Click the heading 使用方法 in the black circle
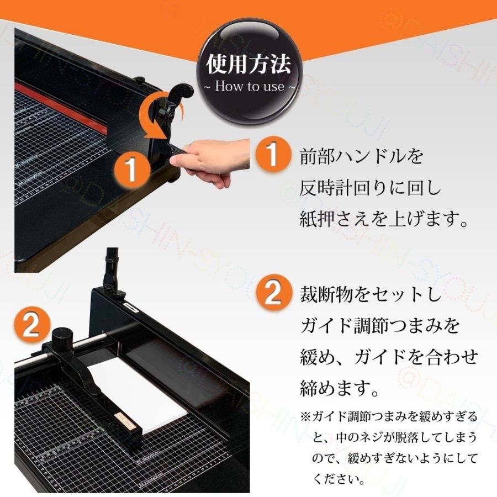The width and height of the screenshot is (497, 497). [248, 65]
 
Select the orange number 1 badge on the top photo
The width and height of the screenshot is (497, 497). [131, 169]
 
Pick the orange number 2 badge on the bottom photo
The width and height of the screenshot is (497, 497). [31, 326]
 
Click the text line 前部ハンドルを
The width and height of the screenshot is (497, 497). [362, 157]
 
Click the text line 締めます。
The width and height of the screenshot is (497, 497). [341, 390]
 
